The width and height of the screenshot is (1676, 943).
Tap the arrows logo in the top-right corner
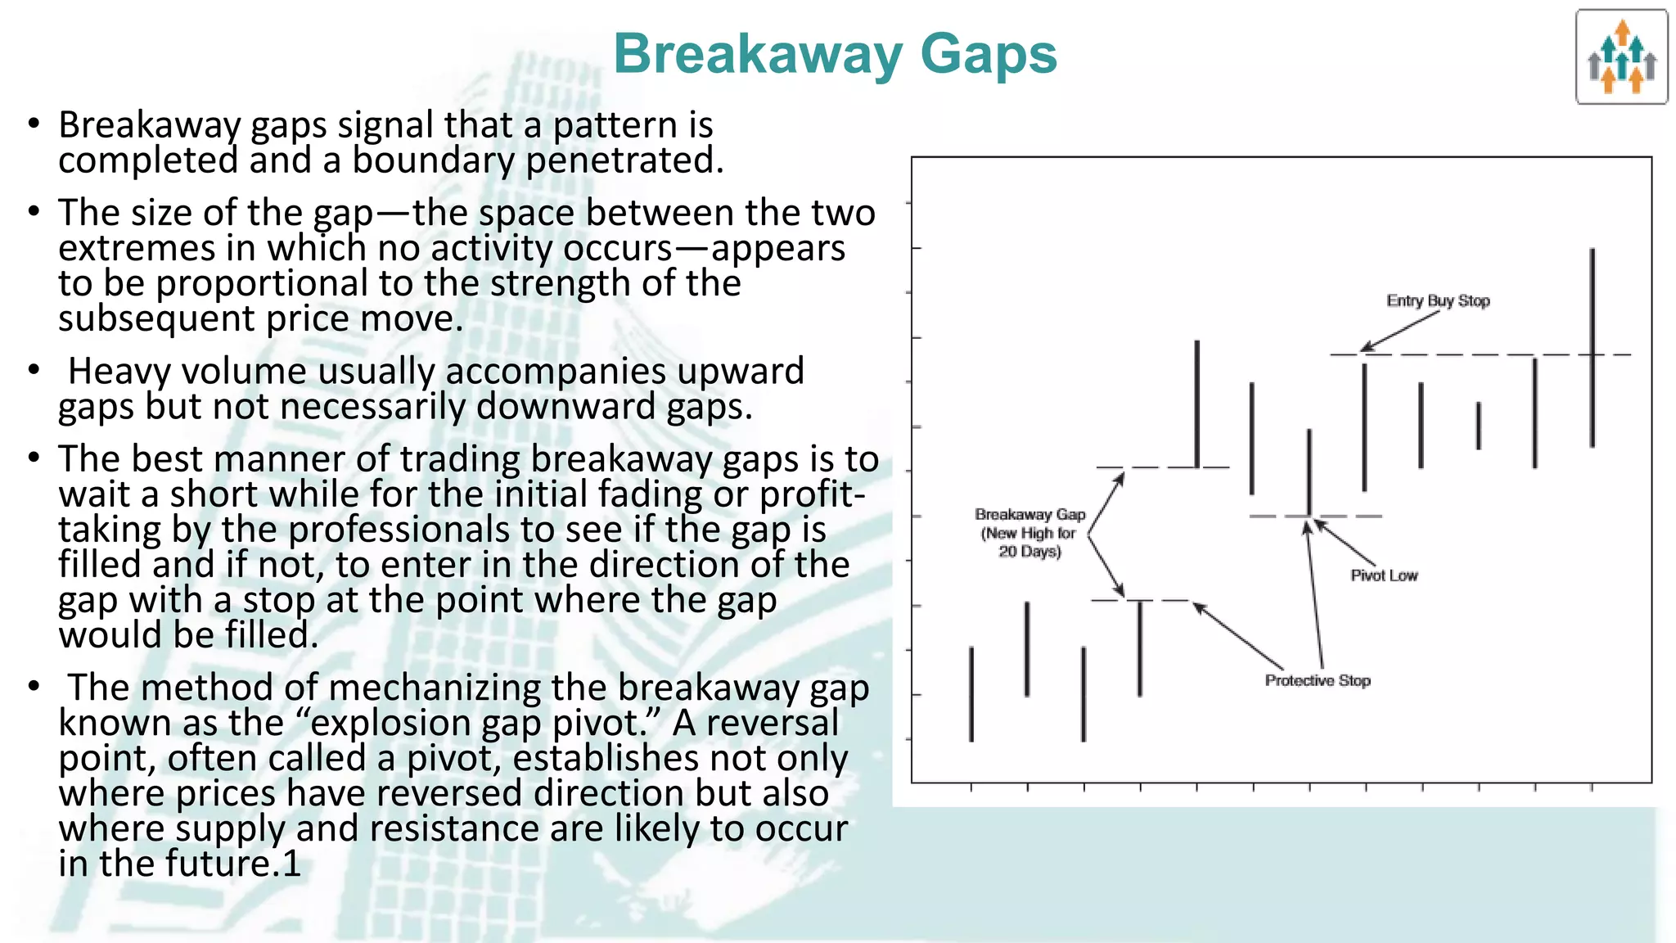pyautogui.click(x=1621, y=57)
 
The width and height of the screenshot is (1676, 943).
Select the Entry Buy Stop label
pyautogui.click(x=1438, y=301)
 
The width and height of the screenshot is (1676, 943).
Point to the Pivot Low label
pyautogui.click(x=1384, y=576)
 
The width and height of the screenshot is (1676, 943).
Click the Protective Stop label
pyautogui.click(x=1318, y=681)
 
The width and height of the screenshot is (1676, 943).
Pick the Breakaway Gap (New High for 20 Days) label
pyautogui.click(x=1029, y=533)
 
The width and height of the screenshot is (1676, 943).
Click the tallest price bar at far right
pyautogui.click(x=1592, y=348)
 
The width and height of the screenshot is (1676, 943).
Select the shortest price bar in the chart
pyautogui.click(x=1478, y=426)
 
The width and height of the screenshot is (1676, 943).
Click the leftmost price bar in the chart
pyautogui.click(x=971, y=694)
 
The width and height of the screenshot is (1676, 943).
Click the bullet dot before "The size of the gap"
pyautogui.click(x=34, y=212)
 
